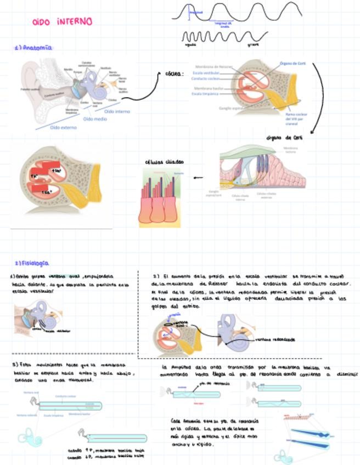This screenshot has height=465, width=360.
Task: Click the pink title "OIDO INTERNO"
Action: click(x=62, y=22)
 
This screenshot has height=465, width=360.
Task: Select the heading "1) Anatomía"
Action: click(x=34, y=48)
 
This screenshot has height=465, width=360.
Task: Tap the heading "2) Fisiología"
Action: click(x=32, y=263)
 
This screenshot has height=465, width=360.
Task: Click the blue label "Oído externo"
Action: click(x=64, y=127)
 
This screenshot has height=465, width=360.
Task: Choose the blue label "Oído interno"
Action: click(x=117, y=111)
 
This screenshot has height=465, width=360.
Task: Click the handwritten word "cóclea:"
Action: click(x=174, y=73)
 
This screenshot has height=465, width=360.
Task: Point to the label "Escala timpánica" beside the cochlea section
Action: click(x=205, y=94)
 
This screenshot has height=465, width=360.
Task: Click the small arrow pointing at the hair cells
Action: click(x=198, y=178)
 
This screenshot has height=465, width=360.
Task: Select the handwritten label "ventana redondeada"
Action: click(x=275, y=339)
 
